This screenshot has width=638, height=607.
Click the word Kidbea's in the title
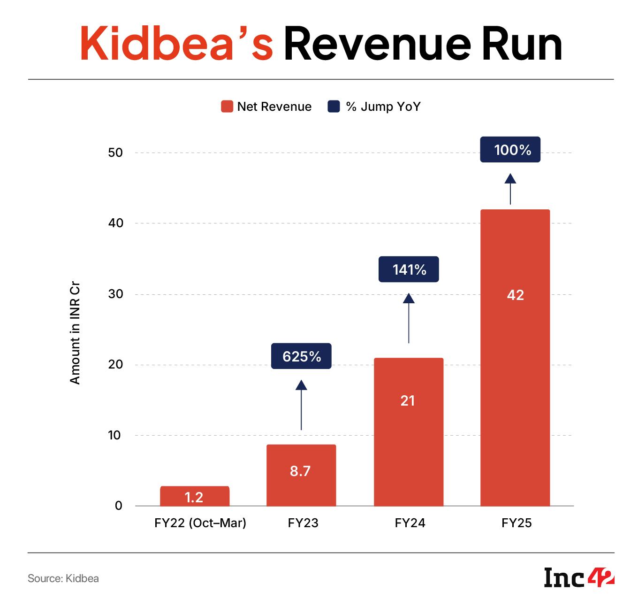tap(176, 44)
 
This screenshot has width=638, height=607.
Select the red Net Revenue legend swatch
tap(227, 107)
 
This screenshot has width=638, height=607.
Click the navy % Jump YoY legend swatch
tap(334, 107)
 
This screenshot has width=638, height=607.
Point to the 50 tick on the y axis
tap(115, 153)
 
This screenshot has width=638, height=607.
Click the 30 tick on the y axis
tap(115, 294)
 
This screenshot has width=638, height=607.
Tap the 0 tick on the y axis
tap(118, 506)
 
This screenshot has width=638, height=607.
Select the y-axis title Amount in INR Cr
tap(75, 333)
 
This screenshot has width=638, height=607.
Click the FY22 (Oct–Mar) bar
tap(195, 496)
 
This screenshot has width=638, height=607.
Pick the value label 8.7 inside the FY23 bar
tap(300, 471)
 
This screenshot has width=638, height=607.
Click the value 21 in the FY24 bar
tap(408, 400)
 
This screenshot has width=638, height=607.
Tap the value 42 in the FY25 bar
tap(515, 295)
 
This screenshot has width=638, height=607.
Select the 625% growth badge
tap(301, 356)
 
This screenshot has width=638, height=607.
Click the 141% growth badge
tap(409, 269)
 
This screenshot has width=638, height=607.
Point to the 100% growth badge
tap(510, 150)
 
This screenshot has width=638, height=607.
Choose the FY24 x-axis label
tap(410, 523)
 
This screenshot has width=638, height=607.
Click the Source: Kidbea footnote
tap(63, 578)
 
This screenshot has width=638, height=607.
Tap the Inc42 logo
tap(579, 577)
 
